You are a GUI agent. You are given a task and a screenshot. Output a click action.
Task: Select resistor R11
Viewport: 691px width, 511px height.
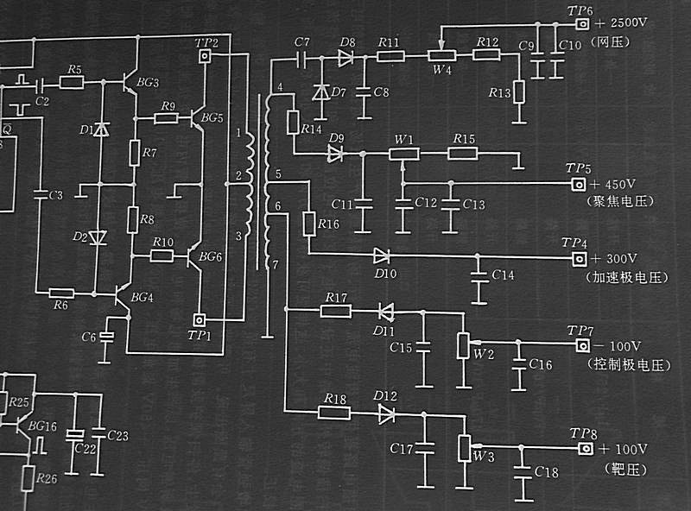(x=390, y=57)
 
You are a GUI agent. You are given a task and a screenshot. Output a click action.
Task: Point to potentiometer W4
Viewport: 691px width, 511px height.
(x=441, y=56)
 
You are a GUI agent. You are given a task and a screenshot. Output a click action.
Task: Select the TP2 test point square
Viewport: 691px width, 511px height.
(x=206, y=57)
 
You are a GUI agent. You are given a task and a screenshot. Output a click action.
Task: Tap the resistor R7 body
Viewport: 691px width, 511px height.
(x=135, y=152)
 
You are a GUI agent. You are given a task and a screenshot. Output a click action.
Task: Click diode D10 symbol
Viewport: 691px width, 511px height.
(x=381, y=255)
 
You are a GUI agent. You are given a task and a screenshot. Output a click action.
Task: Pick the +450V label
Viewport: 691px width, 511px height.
(x=614, y=185)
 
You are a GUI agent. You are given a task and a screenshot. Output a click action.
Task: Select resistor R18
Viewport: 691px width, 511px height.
(x=333, y=413)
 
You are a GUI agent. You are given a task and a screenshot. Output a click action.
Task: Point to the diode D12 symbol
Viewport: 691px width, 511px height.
(x=385, y=413)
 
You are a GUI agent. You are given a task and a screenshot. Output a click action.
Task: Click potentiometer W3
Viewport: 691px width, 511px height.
(x=466, y=448)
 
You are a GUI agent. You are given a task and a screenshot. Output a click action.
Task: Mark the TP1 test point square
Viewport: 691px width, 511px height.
(x=200, y=319)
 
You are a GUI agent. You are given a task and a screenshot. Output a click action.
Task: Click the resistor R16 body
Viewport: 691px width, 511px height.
(x=309, y=224)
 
